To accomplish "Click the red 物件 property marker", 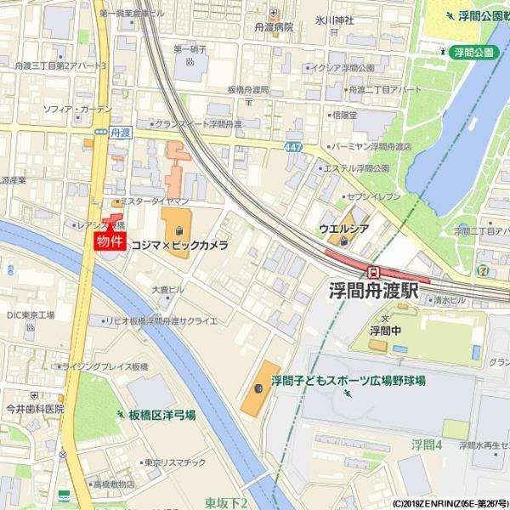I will click(110, 241).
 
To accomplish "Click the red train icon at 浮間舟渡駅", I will click(373, 270).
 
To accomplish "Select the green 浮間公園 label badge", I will click(473, 52).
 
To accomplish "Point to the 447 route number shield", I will click(293, 147).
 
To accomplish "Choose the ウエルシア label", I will click(343, 228).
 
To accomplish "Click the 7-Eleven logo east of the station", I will click(484, 270).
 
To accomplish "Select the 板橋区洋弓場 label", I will click(161, 416).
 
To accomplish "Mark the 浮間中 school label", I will click(384, 330).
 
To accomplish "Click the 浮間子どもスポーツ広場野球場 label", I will click(348, 381).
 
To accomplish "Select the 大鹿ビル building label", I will click(168, 290).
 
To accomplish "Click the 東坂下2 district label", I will click(226, 503).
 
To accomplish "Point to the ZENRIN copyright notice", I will click(450, 503).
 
